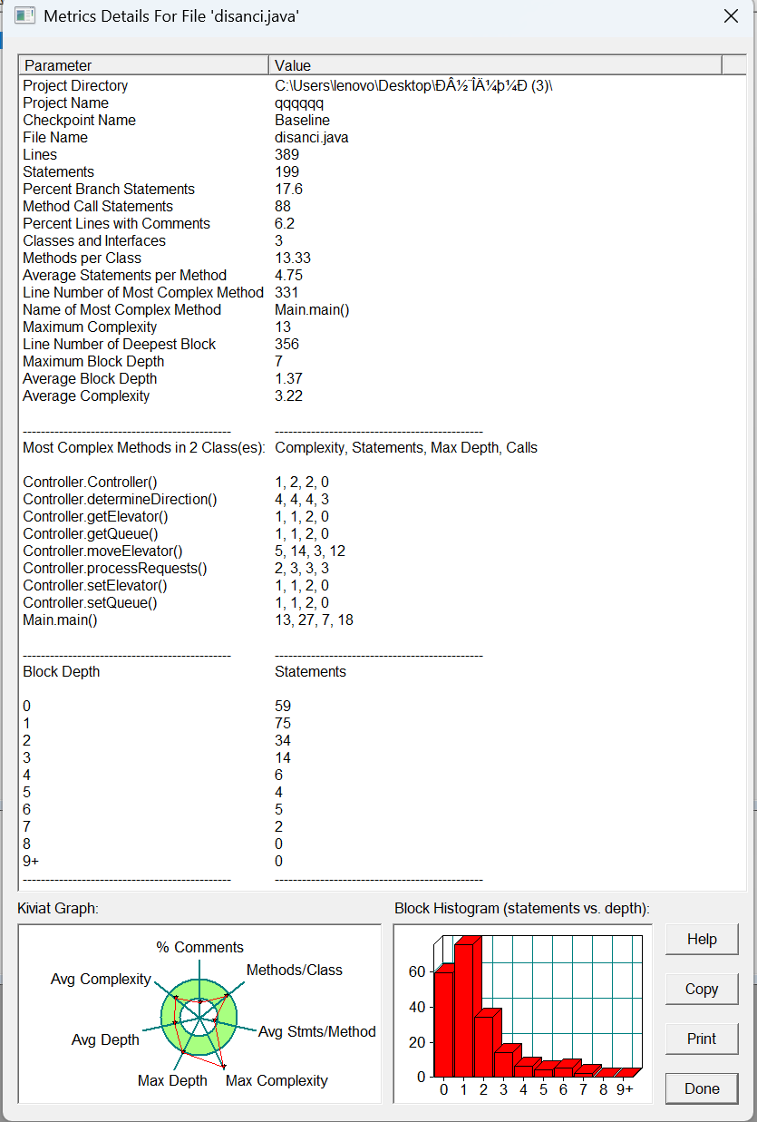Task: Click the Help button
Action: [701, 939]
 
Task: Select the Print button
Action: [701, 1039]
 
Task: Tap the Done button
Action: [701, 1088]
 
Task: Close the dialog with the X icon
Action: [731, 15]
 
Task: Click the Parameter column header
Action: [58, 65]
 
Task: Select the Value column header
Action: [293, 65]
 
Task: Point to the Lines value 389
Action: [286, 155]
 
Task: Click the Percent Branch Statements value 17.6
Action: [288, 190]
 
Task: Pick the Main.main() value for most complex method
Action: [312, 310]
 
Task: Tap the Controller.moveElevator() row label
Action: [102, 551]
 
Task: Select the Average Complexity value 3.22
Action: [288, 396]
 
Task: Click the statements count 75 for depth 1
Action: [283, 724]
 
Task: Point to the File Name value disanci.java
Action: [311, 138]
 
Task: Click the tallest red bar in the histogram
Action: [464, 1007]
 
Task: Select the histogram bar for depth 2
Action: [484, 1043]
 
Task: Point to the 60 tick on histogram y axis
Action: [416, 971]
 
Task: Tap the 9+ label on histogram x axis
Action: [625, 1089]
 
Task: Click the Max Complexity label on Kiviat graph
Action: [277, 1080]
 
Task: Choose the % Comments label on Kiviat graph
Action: [199, 947]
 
